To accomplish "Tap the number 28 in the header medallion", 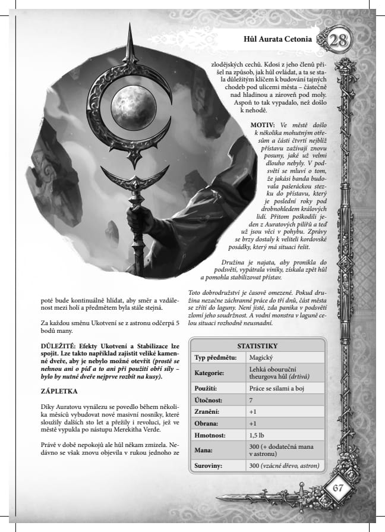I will pos(339,40).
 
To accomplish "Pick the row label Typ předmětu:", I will pos(216,357).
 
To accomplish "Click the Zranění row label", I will pos(210,412).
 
